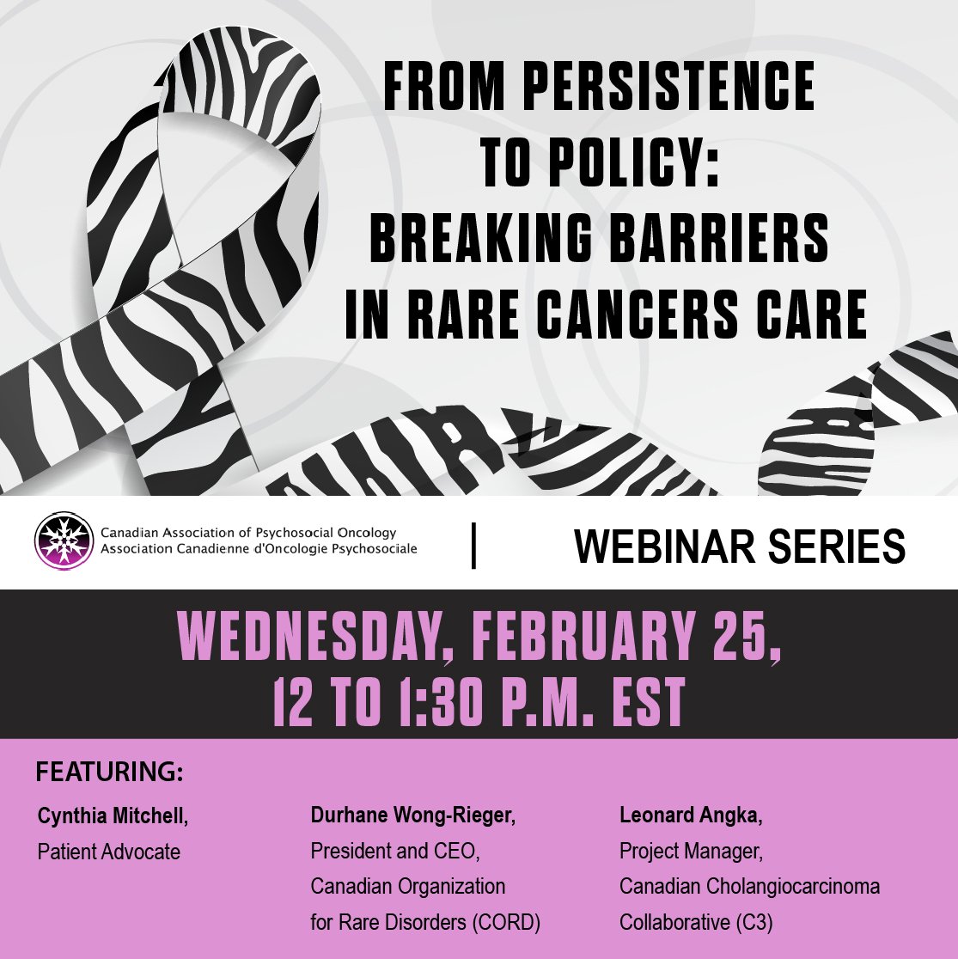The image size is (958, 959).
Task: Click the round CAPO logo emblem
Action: [64, 541]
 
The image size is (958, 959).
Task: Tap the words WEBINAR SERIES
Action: [739, 546]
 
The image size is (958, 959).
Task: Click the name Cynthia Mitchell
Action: [111, 816]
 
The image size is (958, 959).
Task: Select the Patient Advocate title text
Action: [109, 852]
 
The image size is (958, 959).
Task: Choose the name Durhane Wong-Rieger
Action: [412, 816]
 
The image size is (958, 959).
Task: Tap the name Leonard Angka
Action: [690, 816]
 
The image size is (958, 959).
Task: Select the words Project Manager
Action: [690, 852]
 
